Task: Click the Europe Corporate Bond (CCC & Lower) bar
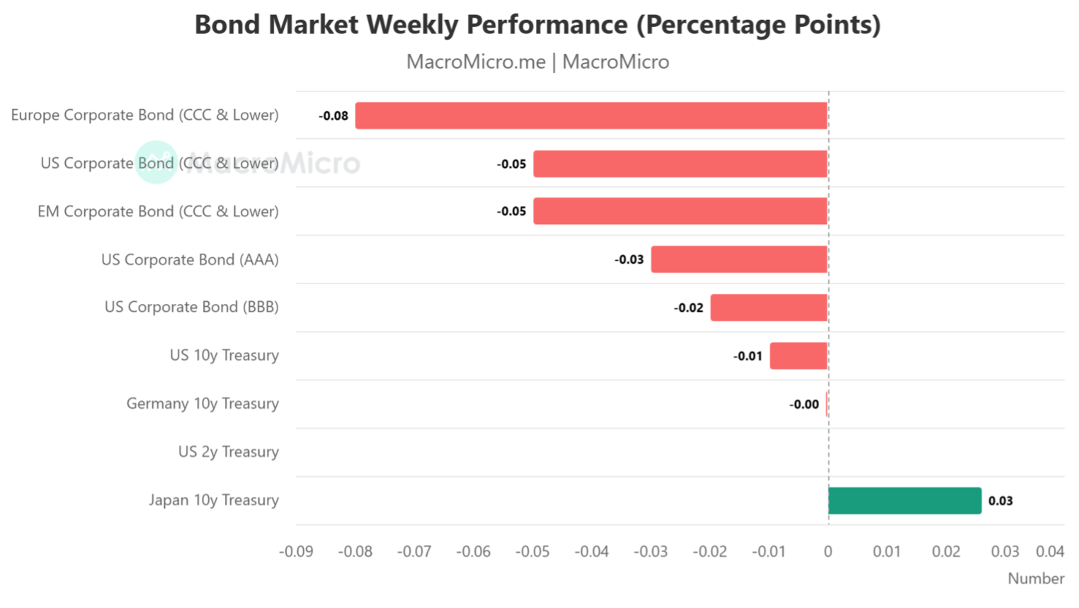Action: pyautogui.click(x=591, y=116)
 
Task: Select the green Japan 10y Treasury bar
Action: pyautogui.click(x=905, y=500)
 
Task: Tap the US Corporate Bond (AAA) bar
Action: pyautogui.click(x=739, y=259)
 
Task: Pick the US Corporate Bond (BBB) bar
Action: pyautogui.click(x=769, y=308)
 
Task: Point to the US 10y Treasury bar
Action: pyautogui.click(x=799, y=356)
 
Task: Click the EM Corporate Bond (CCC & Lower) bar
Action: pyautogui.click(x=680, y=211)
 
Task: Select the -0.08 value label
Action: pyautogui.click(x=333, y=116)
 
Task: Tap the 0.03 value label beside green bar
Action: pyautogui.click(x=1000, y=501)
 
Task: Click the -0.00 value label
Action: pyautogui.click(x=804, y=405)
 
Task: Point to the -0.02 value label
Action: pyautogui.click(x=688, y=308)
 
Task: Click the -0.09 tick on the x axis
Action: pyautogui.click(x=296, y=551)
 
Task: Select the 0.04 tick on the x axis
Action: pyautogui.click(x=1050, y=551)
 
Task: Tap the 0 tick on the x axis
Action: pyautogui.click(x=828, y=551)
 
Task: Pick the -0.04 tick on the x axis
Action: pyautogui.click(x=592, y=551)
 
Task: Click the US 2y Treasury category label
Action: pyautogui.click(x=228, y=452)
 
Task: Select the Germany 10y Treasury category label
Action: pyautogui.click(x=202, y=404)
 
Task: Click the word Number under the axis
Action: pyautogui.click(x=1036, y=578)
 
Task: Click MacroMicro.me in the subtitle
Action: pyautogui.click(x=476, y=62)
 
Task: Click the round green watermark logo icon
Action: pyautogui.click(x=156, y=162)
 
